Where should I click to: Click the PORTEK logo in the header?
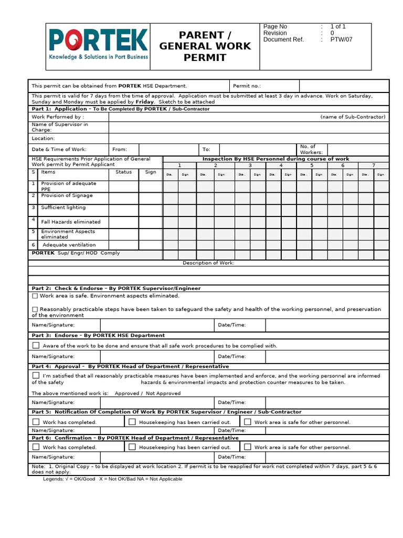pos(98,45)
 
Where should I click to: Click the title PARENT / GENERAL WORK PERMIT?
pos(205,46)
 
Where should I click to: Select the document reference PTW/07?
pos(338,39)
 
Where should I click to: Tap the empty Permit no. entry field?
pos(344,86)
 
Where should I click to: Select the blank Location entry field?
pos(249,138)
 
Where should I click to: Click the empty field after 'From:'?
pos(168,150)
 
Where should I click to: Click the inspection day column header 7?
pos(373,165)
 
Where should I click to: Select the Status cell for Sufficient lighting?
pos(124,209)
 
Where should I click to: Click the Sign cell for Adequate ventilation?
pos(151,245)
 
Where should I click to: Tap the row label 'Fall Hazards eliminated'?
pos(70,222)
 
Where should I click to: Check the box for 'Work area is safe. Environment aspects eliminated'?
pos(35,296)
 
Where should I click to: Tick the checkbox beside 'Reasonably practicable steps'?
pos(35,309)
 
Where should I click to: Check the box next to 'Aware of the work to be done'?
pos(36,345)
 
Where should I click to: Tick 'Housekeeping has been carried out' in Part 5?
pos(132,422)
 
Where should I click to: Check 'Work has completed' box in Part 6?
pos(36,447)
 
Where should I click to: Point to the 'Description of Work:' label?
pos(208,263)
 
